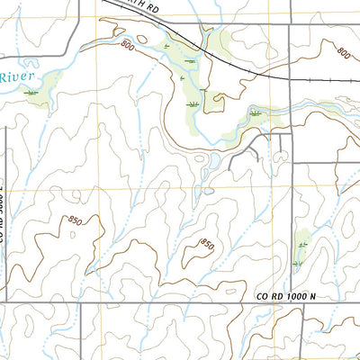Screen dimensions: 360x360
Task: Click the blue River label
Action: point(15,78)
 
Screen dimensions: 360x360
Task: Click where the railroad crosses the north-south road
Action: point(289,78)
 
